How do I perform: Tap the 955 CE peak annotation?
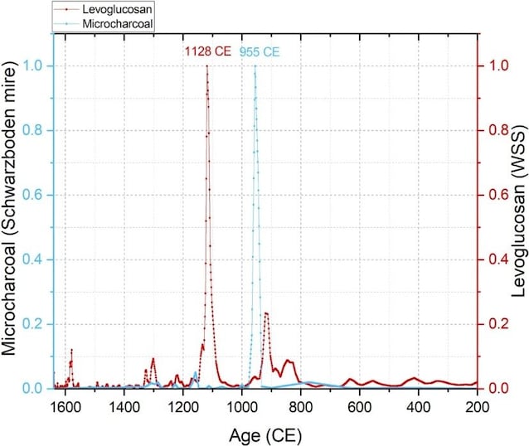[x=260, y=52]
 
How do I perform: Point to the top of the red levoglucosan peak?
[x=206, y=66]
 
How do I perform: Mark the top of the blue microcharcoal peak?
[x=255, y=66]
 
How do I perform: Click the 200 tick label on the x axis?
[x=476, y=406]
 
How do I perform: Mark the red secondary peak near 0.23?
[x=266, y=313]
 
